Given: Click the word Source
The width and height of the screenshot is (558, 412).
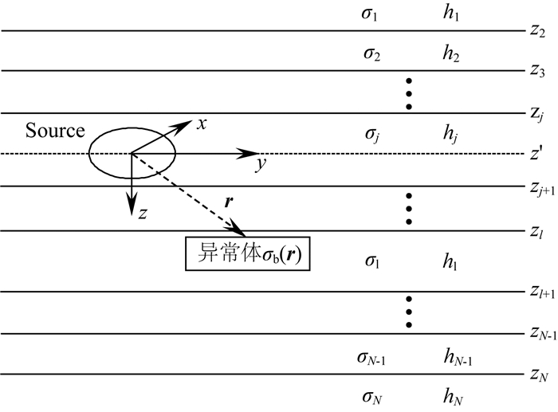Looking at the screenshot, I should pyautogui.click(x=54, y=130).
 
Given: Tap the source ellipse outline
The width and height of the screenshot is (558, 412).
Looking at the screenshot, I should pyautogui.click(x=88, y=152).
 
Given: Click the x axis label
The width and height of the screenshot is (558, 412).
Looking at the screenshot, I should pyautogui.click(x=202, y=124).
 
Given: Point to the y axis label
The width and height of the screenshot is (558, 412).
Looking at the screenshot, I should pyautogui.click(x=260, y=165).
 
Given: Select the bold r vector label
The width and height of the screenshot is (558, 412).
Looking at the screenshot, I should pyautogui.click(x=229, y=202).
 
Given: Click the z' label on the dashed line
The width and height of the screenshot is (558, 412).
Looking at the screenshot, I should pyautogui.click(x=536, y=154).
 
